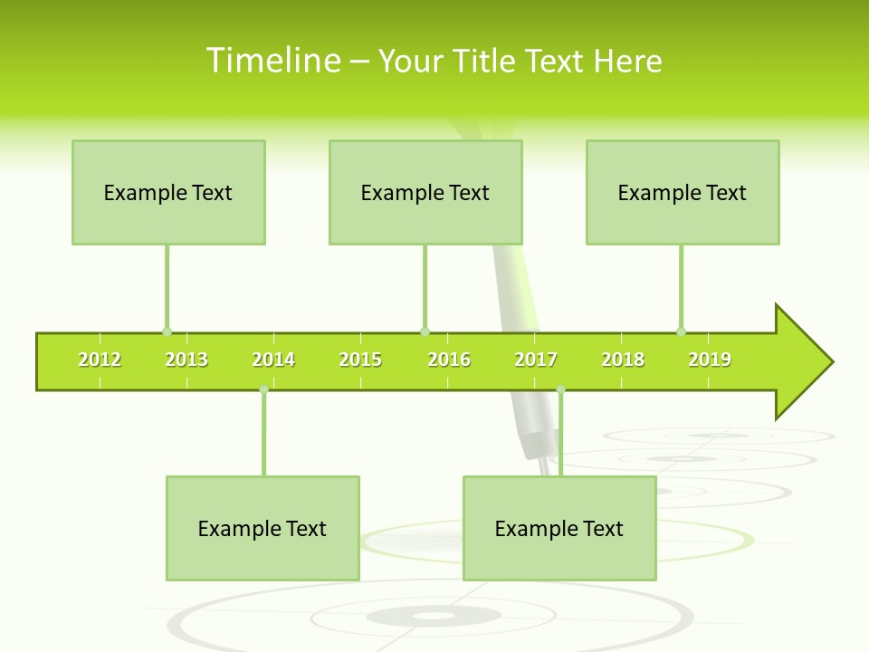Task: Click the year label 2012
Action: [x=100, y=360]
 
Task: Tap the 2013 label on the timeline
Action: [x=186, y=360]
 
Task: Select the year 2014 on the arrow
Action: [x=273, y=360]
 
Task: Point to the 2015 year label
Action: [x=360, y=360]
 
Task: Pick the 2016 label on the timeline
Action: [x=449, y=360]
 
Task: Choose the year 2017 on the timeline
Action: [x=536, y=360]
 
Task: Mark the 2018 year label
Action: [x=623, y=360]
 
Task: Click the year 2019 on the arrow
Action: [x=710, y=360]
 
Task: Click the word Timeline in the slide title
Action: [x=272, y=61]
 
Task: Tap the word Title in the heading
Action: [x=484, y=61]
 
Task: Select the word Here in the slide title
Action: [x=627, y=61]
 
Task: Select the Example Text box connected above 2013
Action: [x=168, y=192]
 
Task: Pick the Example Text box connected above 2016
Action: [x=425, y=192]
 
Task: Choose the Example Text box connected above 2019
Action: [x=683, y=192]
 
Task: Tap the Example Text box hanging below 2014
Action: [x=263, y=528]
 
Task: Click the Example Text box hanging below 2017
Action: [x=559, y=528]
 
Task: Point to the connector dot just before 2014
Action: [x=263, y=389]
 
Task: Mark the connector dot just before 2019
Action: [x=681, y=331]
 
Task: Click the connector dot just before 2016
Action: [x=425, y=331]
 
